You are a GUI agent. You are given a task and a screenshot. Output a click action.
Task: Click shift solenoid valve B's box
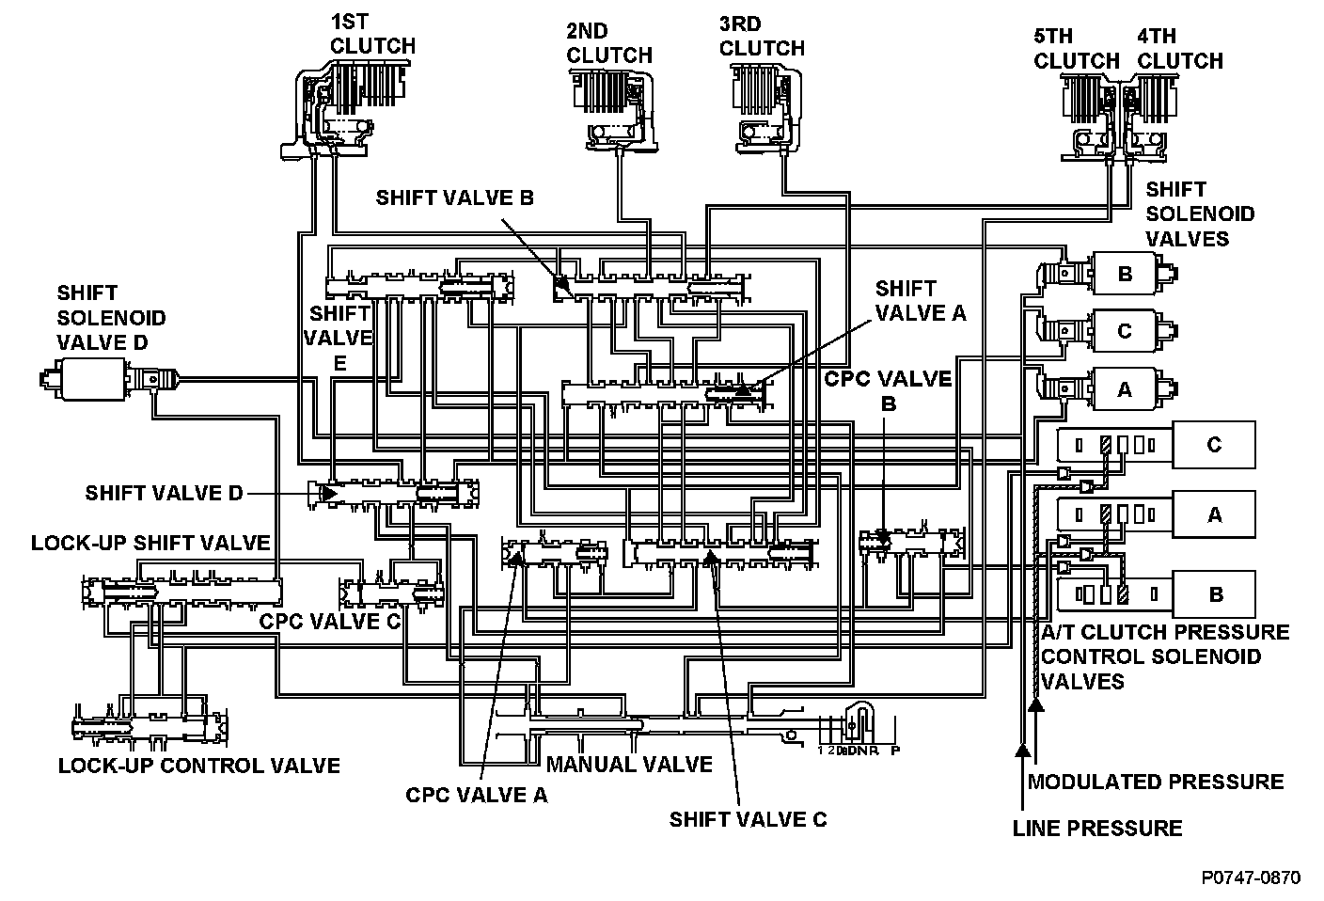pyautogui.click(x=1126, y=274)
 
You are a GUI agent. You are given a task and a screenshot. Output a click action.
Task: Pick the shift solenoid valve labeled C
pyautogui.click(x=1126, y=331)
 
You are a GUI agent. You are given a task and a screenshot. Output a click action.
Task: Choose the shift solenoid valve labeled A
pyautogui.click(x=1126, y=387)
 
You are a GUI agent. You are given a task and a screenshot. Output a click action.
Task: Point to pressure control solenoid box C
pyautogui.click(x=1213, y=444)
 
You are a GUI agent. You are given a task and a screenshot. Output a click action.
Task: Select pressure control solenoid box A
pyautogui.click(x=1213, y=514)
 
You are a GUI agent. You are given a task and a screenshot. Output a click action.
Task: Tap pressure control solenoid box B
pyautogui.click(x=1213, y=594)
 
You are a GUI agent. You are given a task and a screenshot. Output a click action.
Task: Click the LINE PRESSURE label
pyautogui.click(x=1096, y=829)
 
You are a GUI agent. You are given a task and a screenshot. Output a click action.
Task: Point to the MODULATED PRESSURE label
pyautogui.click(x=1155, y=782)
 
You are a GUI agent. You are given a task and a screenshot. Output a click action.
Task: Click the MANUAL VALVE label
pyautogui.click(x=629, y=764)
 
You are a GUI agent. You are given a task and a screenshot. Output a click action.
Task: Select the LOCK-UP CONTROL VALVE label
pyautogui.click(x=198, y=765)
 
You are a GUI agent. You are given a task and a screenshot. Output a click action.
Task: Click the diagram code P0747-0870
pyautogui.click(x=1251, y=877)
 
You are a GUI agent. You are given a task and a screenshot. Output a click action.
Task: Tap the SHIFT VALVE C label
pyautogui.click(x=748, y=819)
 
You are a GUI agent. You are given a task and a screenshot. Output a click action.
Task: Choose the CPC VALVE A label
pyautogui.click(x=476, y=796)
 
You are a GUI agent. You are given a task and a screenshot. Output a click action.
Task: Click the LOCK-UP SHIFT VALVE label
pyautogui.click(x=150, y=543)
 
